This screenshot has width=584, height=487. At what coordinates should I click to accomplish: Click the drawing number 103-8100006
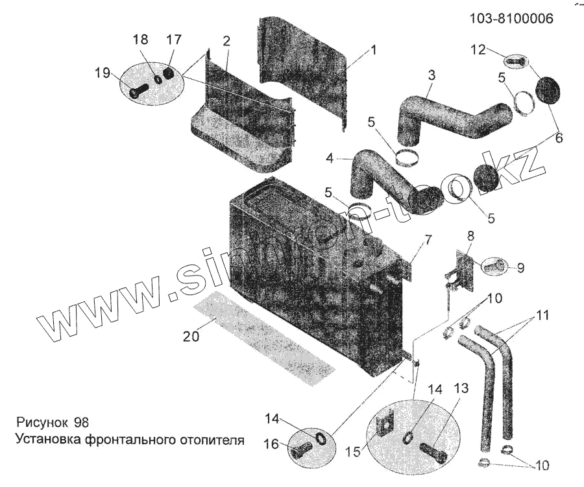pos(511,19)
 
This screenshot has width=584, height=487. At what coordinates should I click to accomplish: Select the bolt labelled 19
pos(138,92)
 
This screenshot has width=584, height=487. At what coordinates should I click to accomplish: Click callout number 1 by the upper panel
pos(374,50)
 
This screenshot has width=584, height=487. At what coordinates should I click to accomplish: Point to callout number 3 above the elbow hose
pos(430,75)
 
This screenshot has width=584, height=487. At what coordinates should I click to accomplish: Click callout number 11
pos(542,316)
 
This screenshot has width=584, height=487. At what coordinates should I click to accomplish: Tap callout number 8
pos(470,236)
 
